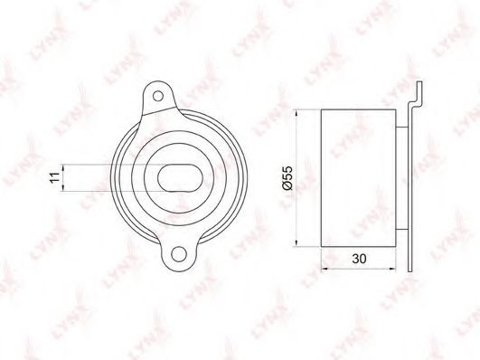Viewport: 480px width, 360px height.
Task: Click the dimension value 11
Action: click(54, 177)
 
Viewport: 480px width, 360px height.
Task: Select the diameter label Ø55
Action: click(288, 178)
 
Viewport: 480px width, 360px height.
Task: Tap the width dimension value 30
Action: click(359, 259)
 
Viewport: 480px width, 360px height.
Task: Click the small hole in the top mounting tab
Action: click(158, 96)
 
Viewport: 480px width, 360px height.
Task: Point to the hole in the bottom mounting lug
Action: click(179, 254)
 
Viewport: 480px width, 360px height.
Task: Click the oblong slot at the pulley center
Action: click(180, 178)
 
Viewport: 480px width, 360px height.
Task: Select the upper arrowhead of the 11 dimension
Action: click(62, 167)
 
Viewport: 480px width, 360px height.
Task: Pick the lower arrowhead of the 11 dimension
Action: click(62, 188)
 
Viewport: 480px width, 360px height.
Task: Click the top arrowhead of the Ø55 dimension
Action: click(296, 113)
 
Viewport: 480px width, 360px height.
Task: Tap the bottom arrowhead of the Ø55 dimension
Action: click(296, 242)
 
